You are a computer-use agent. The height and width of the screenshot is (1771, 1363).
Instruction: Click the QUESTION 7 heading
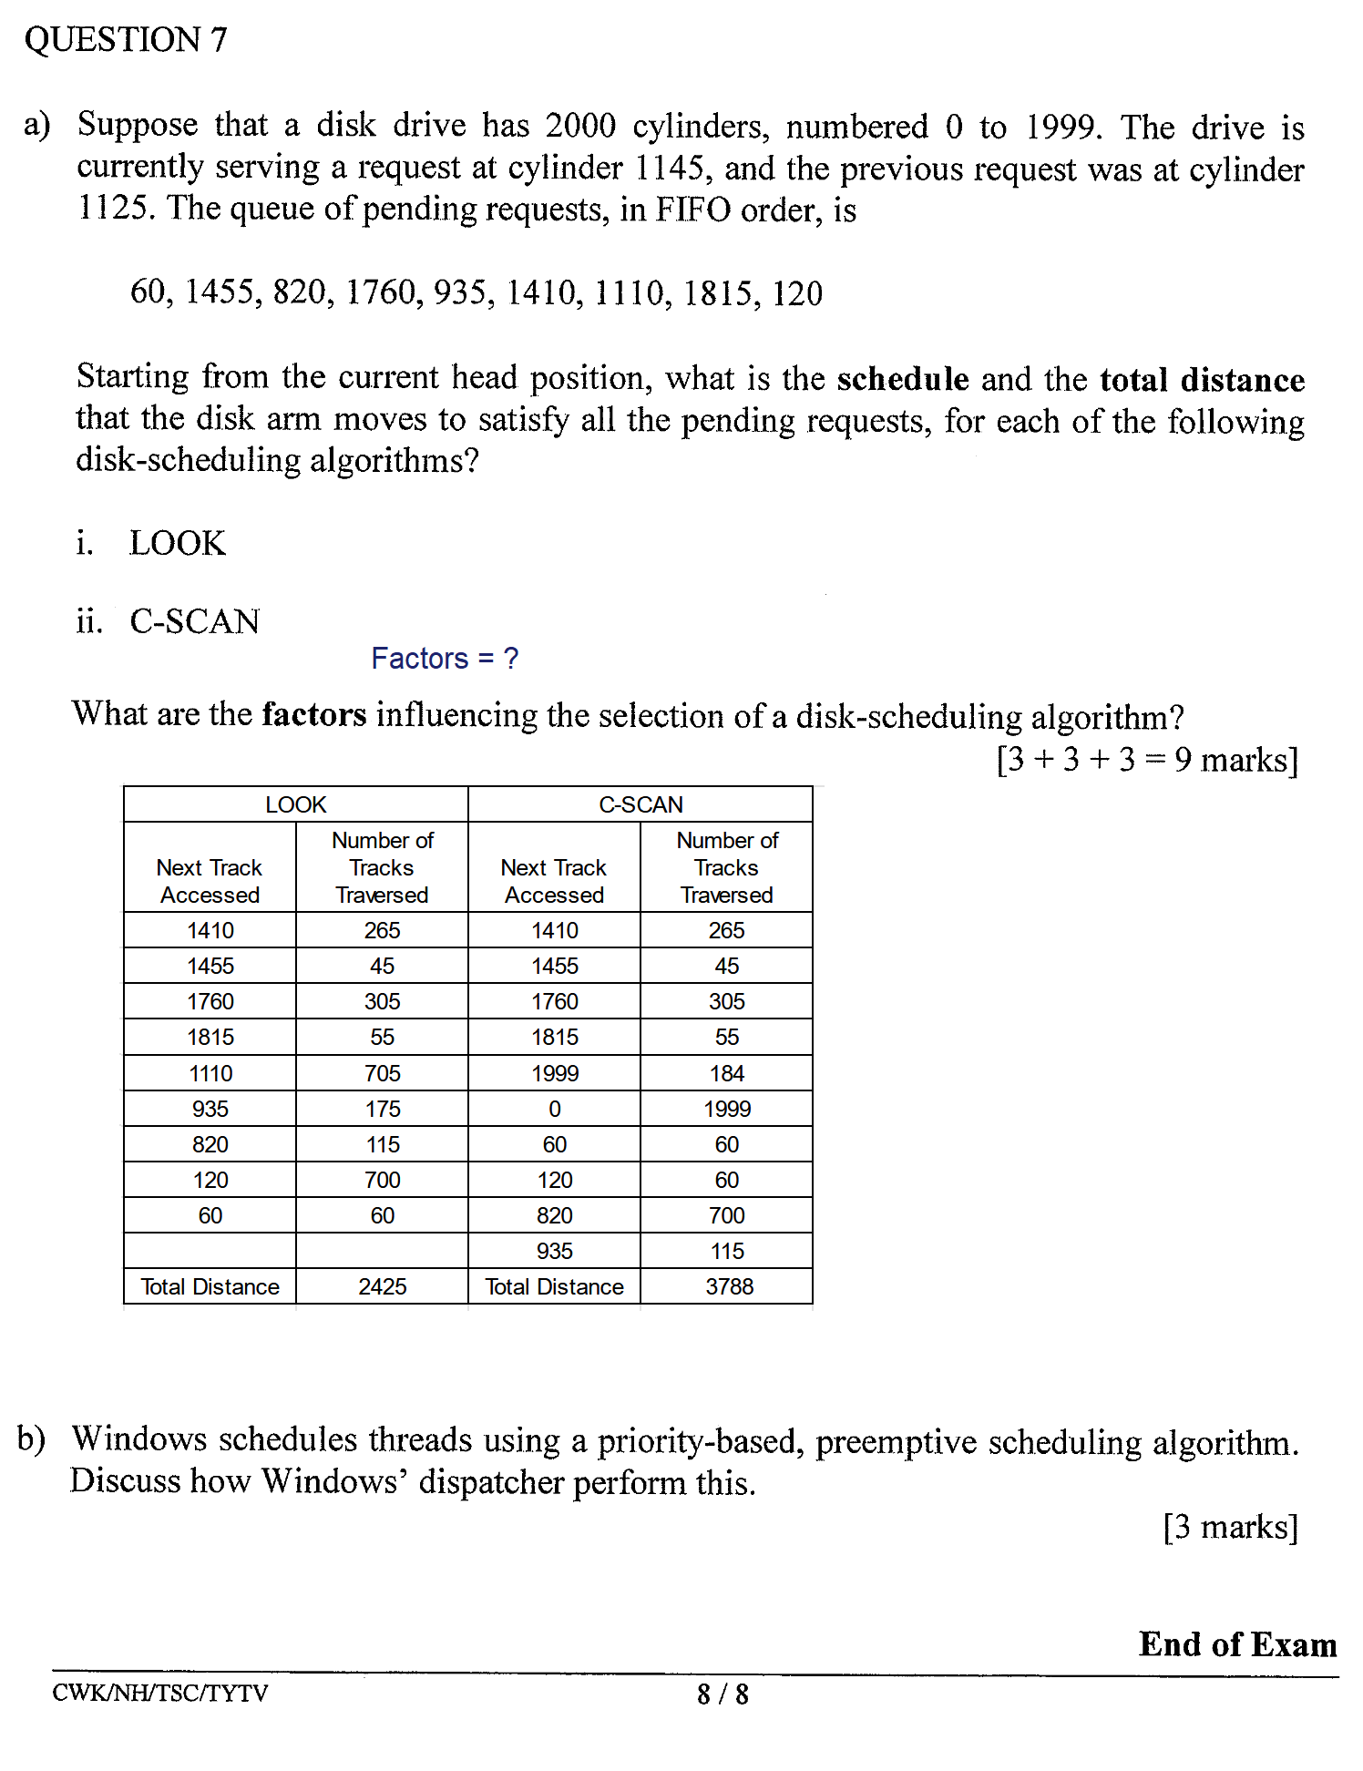coord(126,40)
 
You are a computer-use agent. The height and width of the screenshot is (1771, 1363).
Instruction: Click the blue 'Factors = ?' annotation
coord(445,659)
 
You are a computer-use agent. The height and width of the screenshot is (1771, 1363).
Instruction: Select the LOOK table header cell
coord(295,804)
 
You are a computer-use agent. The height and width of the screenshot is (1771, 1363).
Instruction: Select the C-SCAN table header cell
coord(641,804)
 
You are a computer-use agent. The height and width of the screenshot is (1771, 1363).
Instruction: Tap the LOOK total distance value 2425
coord(382,1286)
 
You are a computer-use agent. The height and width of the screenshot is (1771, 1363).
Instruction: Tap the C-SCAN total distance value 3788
coord(729,1286)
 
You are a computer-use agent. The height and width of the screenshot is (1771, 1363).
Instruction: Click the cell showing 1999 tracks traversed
coord(727,1109)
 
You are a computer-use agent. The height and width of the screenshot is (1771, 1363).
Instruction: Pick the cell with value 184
coord(727,1073)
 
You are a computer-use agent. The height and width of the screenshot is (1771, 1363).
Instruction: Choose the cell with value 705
coord(382,1073)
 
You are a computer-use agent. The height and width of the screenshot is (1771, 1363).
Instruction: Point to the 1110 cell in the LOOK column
coord(210,1073)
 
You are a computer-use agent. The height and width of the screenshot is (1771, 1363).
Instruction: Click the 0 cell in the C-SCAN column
coord(554,1109)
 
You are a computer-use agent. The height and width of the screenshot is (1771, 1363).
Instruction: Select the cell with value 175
coord(382,1109)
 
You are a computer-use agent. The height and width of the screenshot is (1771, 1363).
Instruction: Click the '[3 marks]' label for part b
coord(1230,1526)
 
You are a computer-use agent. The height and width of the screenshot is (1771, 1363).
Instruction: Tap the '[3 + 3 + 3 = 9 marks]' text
coord(1147,759)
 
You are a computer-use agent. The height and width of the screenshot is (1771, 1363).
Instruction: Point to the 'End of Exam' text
coord(1237,1644)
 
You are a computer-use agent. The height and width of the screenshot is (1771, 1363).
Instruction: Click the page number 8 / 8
coord(722,1694)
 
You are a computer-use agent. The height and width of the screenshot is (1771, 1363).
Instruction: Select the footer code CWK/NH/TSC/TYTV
coord(160,1693)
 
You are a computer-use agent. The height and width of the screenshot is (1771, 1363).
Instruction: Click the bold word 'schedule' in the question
coord(902,379)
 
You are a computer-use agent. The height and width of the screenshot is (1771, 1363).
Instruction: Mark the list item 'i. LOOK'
coord(151,543)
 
